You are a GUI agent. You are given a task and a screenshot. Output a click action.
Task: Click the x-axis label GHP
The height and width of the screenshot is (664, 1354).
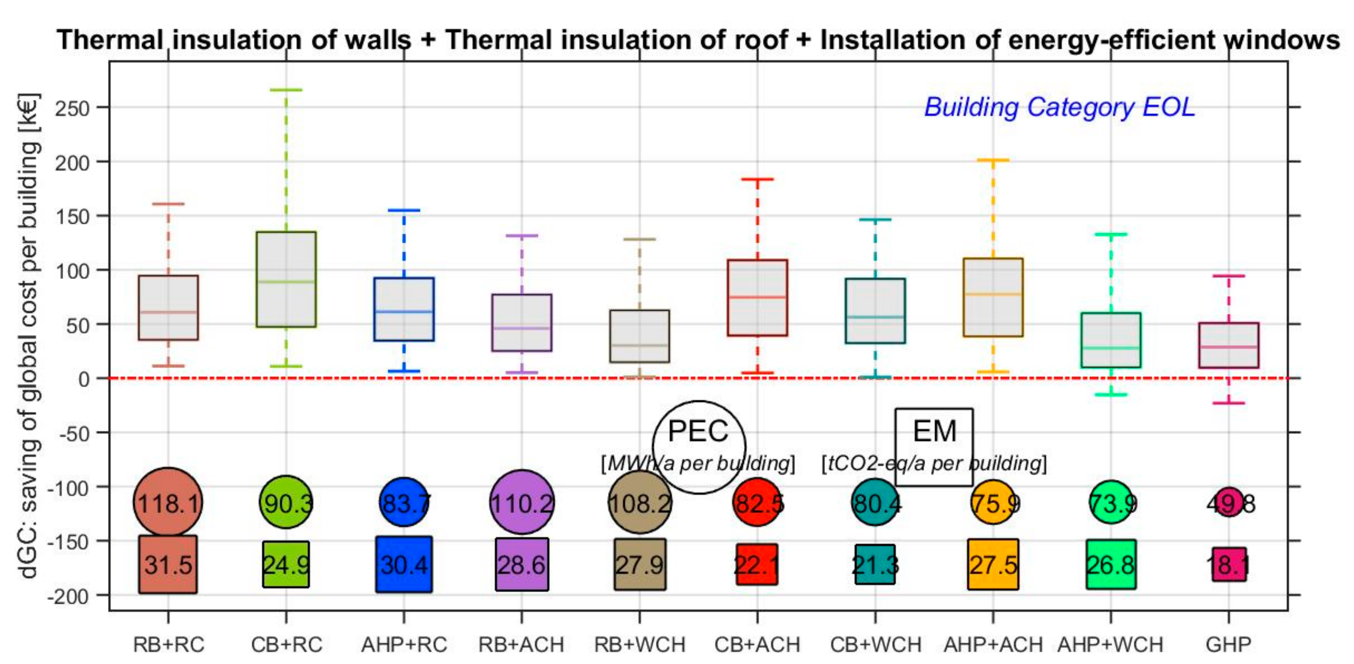[x=1228, y=644]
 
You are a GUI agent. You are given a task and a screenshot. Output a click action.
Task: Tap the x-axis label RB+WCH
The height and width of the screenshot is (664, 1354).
[x=640, y=644]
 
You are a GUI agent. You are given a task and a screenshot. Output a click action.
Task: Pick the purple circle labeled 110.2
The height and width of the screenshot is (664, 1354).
[x=521, y=502]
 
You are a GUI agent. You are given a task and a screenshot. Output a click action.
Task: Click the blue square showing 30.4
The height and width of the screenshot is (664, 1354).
[x=404, y=564]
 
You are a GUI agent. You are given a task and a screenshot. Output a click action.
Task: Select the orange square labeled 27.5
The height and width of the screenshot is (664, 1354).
[x=993, y=564]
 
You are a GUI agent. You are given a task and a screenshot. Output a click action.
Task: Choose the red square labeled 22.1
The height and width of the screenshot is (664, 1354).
[x=757, y=564]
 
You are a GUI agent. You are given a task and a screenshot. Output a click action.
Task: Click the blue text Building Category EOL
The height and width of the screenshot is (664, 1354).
[x=1059, y=107]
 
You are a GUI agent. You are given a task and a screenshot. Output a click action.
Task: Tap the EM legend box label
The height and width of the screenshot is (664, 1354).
[x=934, y=431]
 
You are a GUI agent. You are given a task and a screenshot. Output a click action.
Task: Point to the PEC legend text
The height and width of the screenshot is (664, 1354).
[x=698, y=431]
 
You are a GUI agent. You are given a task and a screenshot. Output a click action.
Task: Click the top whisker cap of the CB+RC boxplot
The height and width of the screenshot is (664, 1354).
[x=286, y=90]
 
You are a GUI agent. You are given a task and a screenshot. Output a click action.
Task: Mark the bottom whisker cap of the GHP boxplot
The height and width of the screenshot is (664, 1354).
[x=1229, y=403]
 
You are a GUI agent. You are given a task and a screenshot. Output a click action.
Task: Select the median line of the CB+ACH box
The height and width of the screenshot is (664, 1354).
[x=757, y=297]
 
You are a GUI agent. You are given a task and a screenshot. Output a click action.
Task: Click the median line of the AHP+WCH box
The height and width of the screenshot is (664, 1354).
[x=1111, y=347]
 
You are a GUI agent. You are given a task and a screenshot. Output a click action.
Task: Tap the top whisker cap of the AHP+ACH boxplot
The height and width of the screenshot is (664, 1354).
[x=993, y=160]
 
